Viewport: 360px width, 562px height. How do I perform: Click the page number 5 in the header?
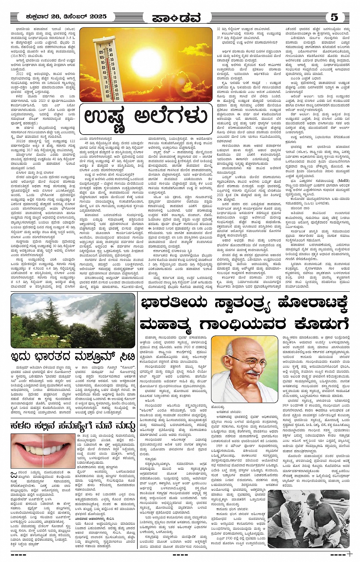coord(334,17)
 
